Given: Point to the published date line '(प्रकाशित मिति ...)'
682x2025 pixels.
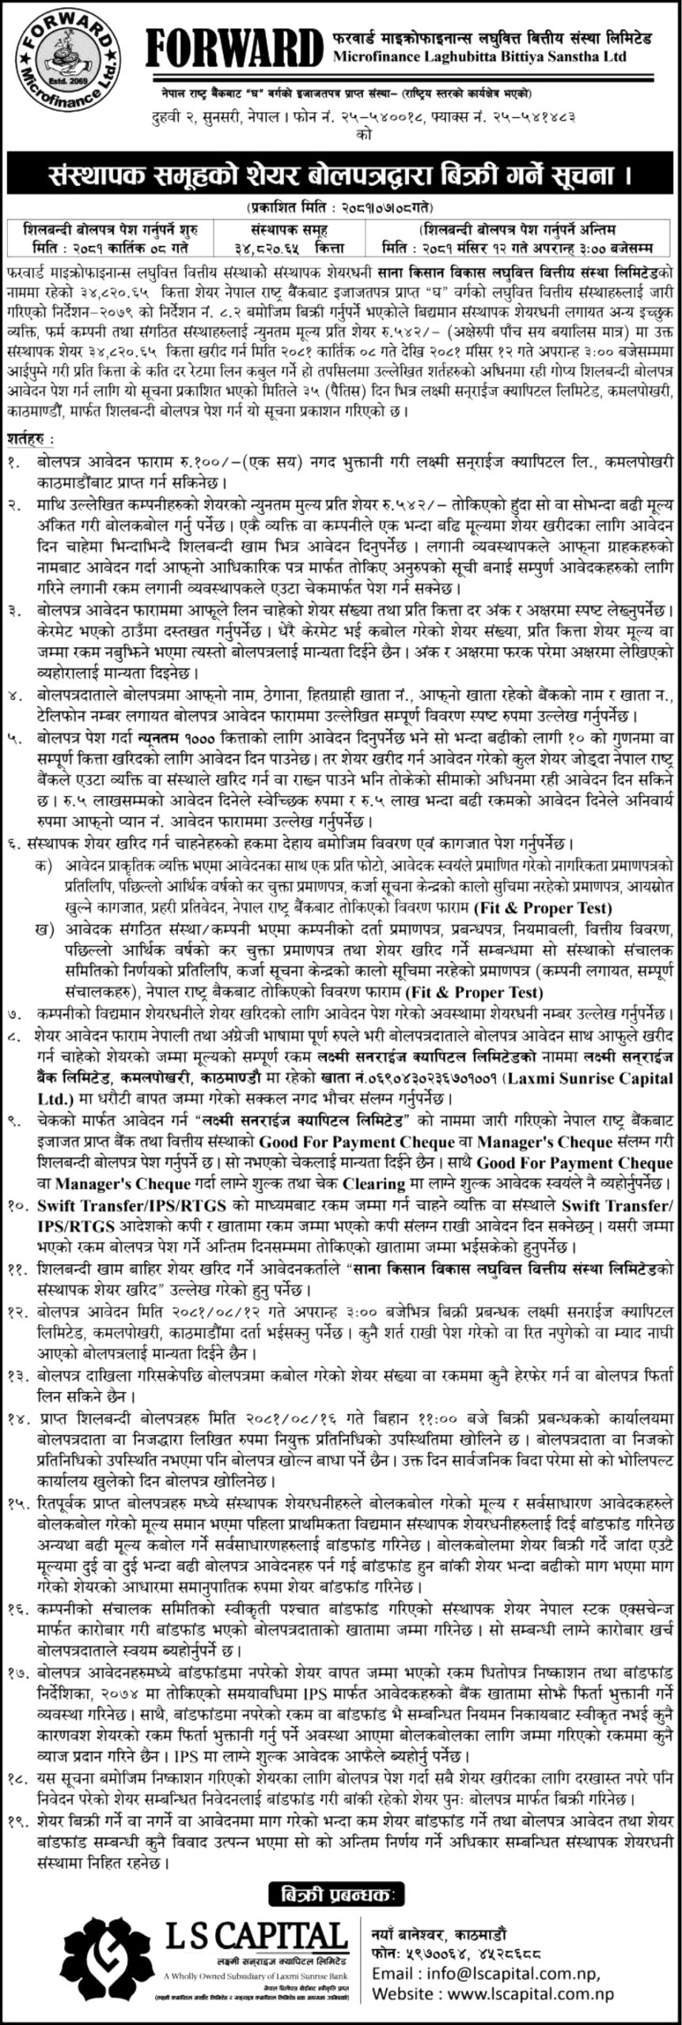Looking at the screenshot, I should point(341,208).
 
